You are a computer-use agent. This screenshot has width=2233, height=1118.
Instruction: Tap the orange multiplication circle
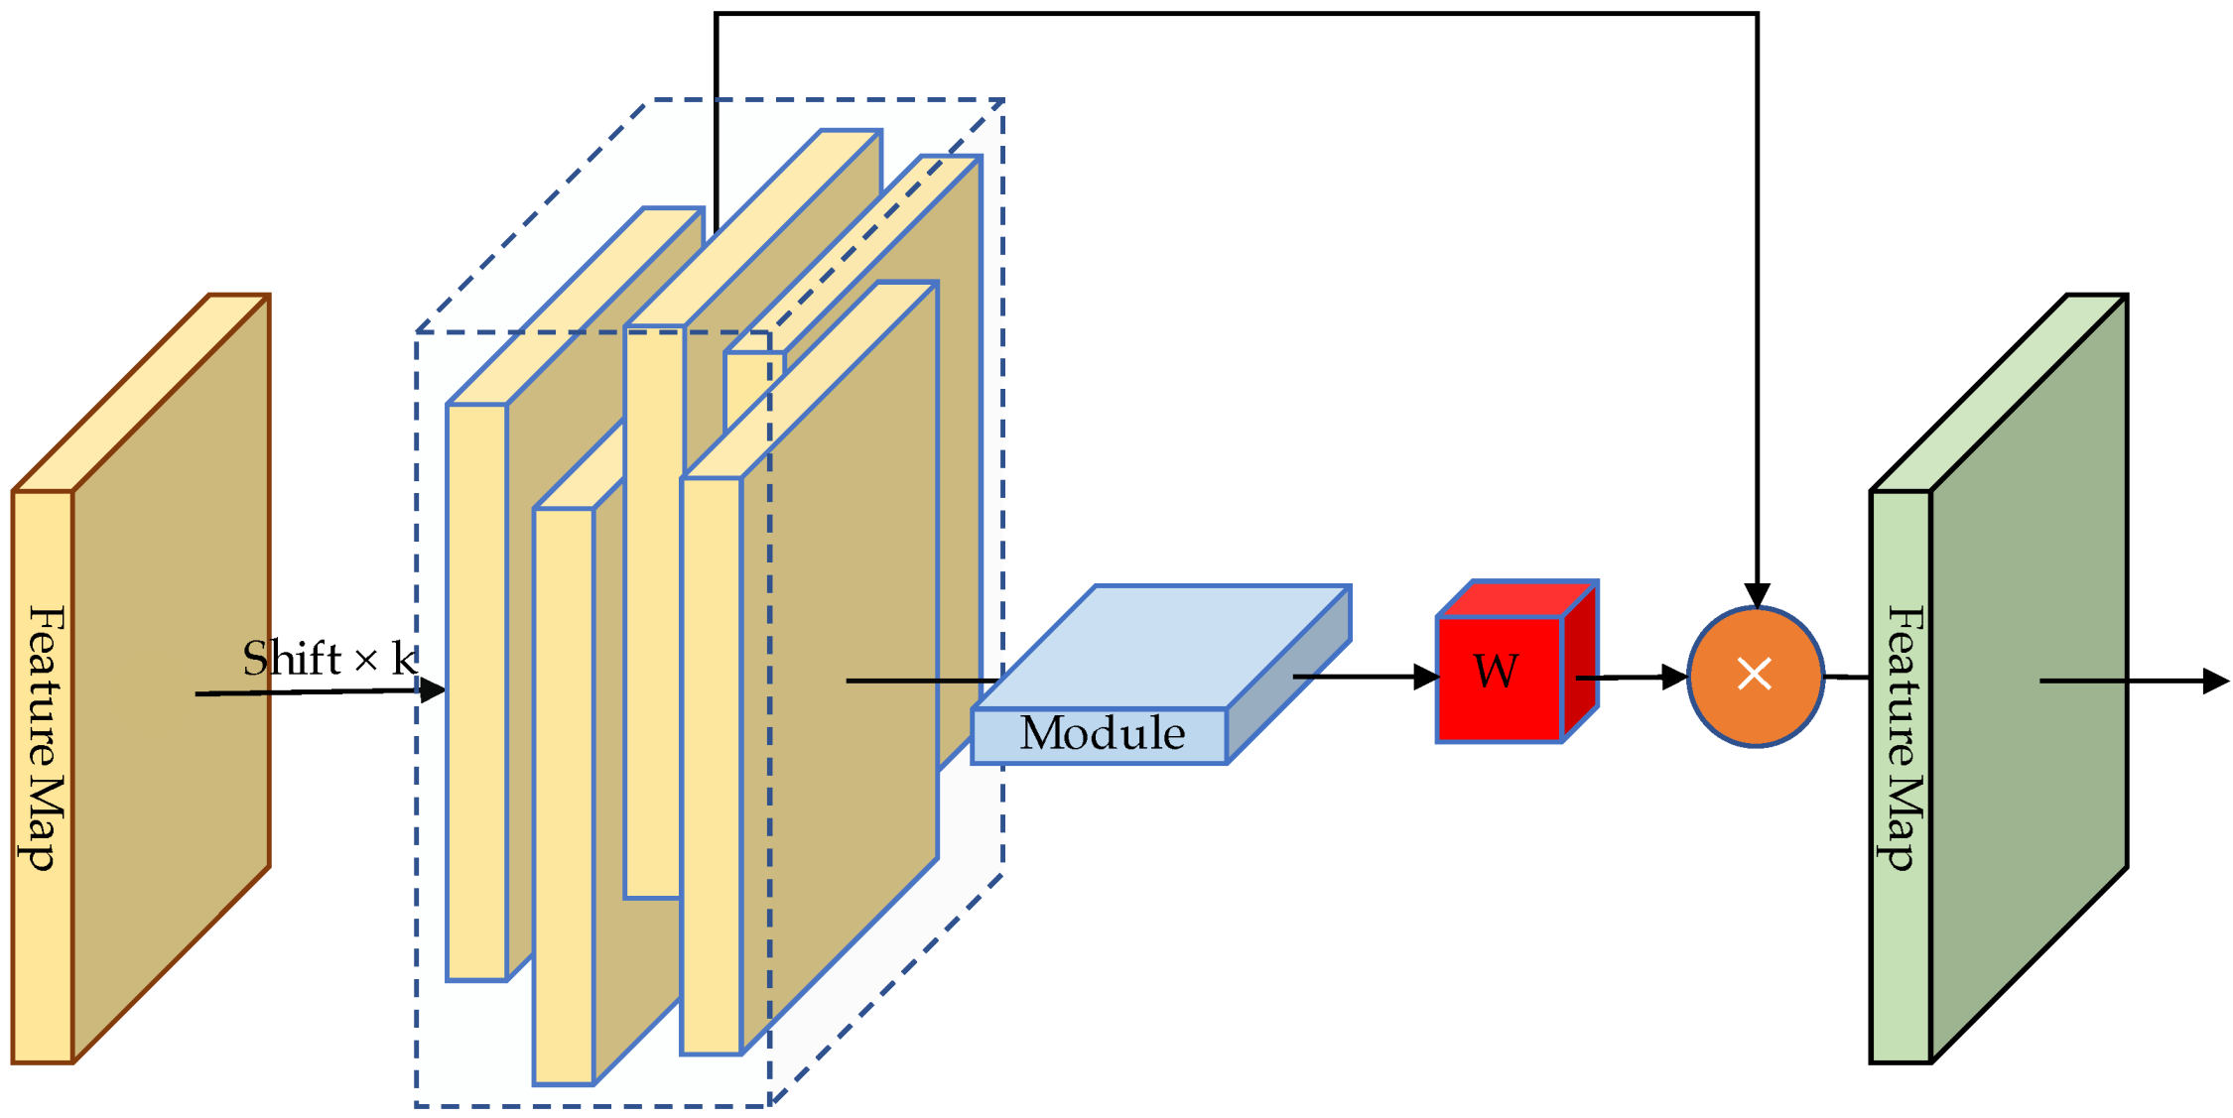[1755, 676]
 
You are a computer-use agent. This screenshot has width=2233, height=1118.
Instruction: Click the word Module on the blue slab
[1102, 734]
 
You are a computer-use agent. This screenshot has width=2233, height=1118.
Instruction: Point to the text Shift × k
[328, 659]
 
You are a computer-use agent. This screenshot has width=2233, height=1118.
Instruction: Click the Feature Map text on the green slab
[1903, 738]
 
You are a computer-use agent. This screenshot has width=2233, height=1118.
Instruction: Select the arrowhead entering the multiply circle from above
[1757, 595]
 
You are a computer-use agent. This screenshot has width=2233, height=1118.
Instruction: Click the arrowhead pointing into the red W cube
[1426, 678]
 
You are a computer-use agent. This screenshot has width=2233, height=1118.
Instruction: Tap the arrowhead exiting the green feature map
[2215, 681]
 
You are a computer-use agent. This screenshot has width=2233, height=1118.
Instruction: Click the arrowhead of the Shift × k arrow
[433, 689]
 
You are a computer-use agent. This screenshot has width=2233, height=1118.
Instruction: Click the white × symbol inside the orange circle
[1755, 675]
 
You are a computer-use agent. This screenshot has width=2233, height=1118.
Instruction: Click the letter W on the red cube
[1495, 673]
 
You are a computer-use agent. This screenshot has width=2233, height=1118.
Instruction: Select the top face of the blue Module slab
[1161, 645]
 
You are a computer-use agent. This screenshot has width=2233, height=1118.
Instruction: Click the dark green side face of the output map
[2030, 684]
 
